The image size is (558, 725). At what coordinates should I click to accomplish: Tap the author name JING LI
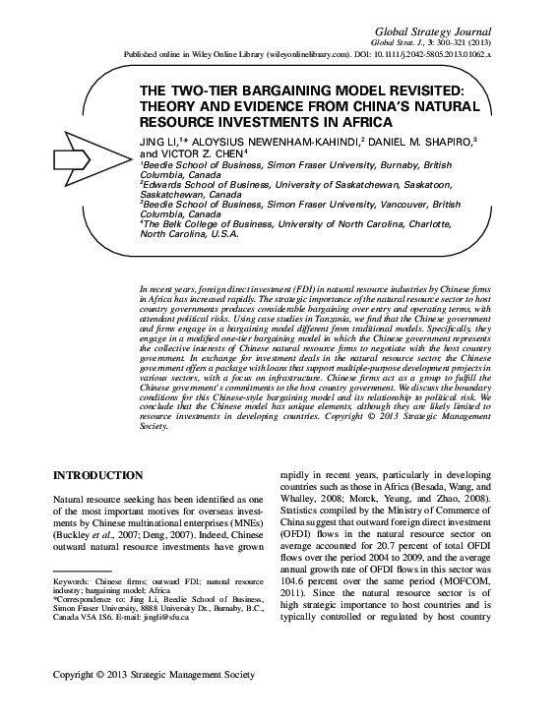(x=158, y=142)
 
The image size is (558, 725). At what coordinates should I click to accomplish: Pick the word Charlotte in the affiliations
(x=420, y=223)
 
